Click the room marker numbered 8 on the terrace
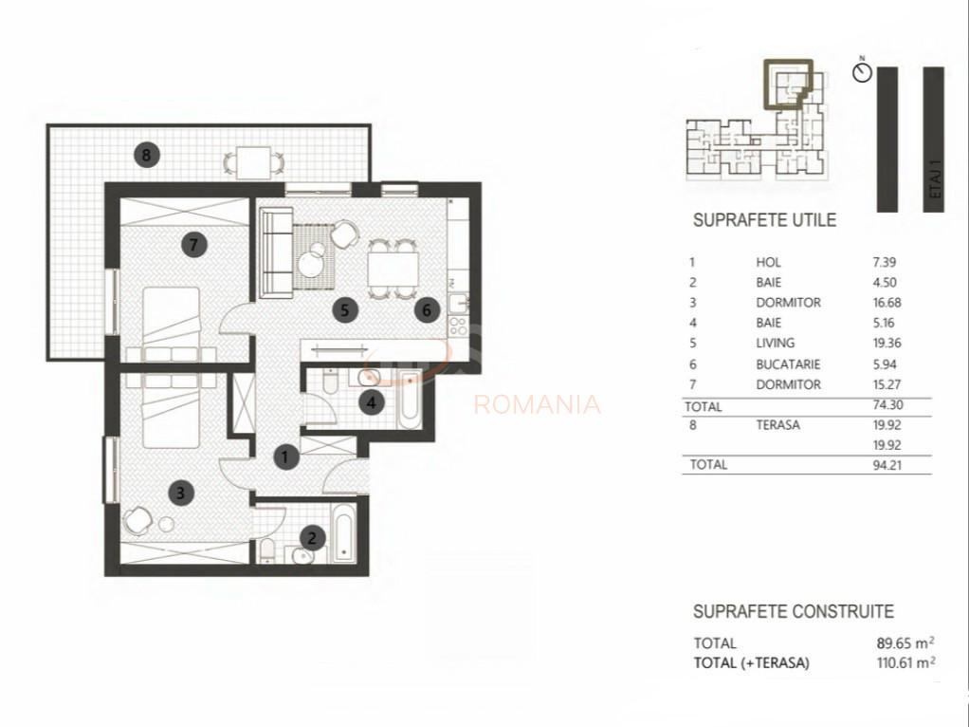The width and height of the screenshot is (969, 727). (x=145, y=153)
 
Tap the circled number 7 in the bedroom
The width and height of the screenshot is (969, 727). (x=193, y=245)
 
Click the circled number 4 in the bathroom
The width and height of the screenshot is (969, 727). (x=373, y=402)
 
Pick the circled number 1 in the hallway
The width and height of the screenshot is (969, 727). (x=285, y=457)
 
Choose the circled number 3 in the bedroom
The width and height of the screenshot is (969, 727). (x=180, y=492)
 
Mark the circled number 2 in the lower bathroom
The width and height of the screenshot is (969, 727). (x=310, y=537)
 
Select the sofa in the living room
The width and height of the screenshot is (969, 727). (x=276, y=251)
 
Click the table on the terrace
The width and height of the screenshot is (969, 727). (x=252, y=160)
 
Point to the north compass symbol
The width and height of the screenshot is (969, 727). (x=862, y=73)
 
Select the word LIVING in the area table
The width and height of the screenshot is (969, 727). (x=776, y=344)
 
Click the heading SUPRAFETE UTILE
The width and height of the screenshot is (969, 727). (x=764, y=220)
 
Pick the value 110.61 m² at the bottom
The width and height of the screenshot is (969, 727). (x=906, y=663)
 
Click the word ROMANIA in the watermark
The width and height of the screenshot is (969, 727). (x=537, y=405)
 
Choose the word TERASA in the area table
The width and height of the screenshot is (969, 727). (x=777, y=425)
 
